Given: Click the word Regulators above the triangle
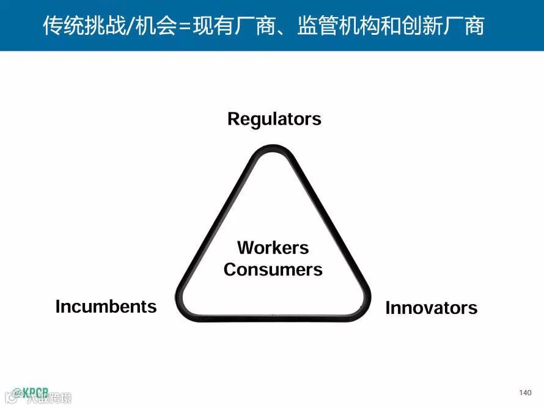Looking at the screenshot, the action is point(274,118).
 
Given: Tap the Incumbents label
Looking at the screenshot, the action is point(106,306).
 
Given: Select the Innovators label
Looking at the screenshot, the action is point(431,308).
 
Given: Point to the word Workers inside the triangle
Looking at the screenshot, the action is point(273,247).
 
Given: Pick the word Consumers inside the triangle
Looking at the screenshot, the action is point(273,269).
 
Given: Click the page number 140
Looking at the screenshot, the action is point(524,392).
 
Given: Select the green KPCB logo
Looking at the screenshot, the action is point(31,392).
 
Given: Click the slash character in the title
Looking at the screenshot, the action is point(127,26).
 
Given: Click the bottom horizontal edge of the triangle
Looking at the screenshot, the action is point(273,318).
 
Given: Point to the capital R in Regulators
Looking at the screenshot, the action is point(233,118).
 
